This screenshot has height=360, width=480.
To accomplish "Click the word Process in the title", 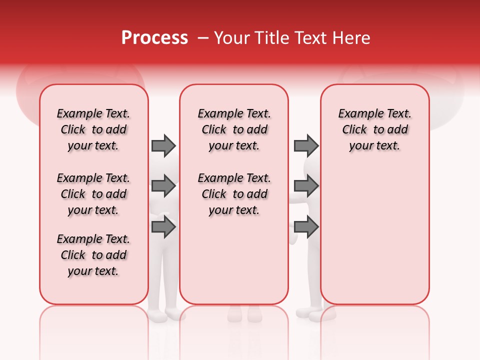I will (x=154, y=37).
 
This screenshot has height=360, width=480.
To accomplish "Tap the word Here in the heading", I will (x=352, y=38).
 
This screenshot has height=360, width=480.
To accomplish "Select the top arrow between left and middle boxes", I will (x=163, y=145).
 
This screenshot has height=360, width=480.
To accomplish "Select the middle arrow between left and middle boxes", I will (x=163, y=186).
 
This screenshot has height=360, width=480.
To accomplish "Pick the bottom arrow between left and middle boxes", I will (x=163, y=227).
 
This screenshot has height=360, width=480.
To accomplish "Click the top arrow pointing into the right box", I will (x=306, y=145).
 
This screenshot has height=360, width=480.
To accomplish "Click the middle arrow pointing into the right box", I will (x=306, y=186).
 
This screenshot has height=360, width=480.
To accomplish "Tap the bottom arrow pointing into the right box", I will (x=306, y=227).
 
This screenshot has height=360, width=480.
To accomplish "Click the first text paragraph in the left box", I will (x=93, y=129).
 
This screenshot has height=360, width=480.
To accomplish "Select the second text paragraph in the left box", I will (x=93, y=194).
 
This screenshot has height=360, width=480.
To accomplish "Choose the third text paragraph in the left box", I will (x=93, y=255).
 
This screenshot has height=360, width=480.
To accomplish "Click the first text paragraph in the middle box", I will (x=234, y=129).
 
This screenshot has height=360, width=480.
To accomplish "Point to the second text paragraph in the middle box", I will (x=234, y=194).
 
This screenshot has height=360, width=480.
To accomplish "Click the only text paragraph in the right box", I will (x=374, y=129).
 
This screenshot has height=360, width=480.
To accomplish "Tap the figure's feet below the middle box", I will (x=244, y=314).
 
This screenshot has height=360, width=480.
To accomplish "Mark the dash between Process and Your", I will (x=203, y=38).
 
